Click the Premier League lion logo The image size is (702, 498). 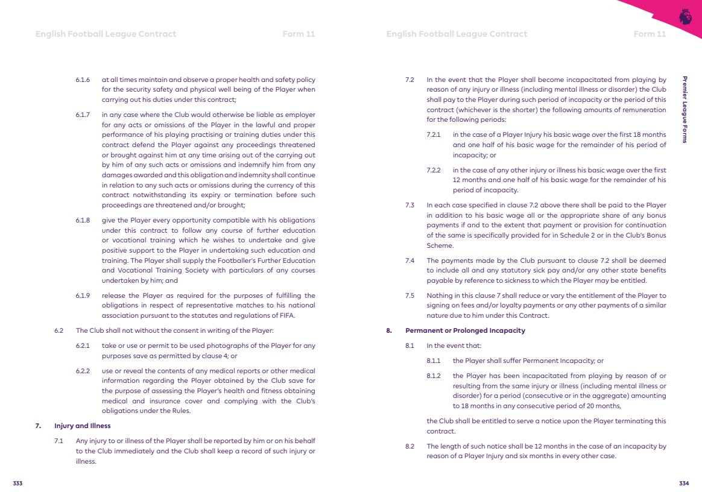coord(685,17)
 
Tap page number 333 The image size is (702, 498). coord(18,484)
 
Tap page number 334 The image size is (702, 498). coord(684,484)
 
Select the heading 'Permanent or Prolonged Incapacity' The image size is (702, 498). coord(457,330)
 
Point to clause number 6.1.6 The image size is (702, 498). coord(83,80)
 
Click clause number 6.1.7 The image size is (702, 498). coord(83,114)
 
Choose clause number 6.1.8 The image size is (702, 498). coord(83,220)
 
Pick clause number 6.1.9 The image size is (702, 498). coord(83,295)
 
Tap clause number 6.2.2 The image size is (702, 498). coord(83,370)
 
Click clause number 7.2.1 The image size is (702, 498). coord(435,134)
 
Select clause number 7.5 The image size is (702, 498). coord(409,295)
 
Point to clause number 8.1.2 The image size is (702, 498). coord(435,376)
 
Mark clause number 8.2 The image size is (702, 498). coord(409,446)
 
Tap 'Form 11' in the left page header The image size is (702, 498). coord(299,34)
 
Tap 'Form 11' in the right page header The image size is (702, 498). coord(650,34)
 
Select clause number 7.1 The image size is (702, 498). coord(59,441)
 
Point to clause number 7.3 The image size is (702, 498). coord(409,205)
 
